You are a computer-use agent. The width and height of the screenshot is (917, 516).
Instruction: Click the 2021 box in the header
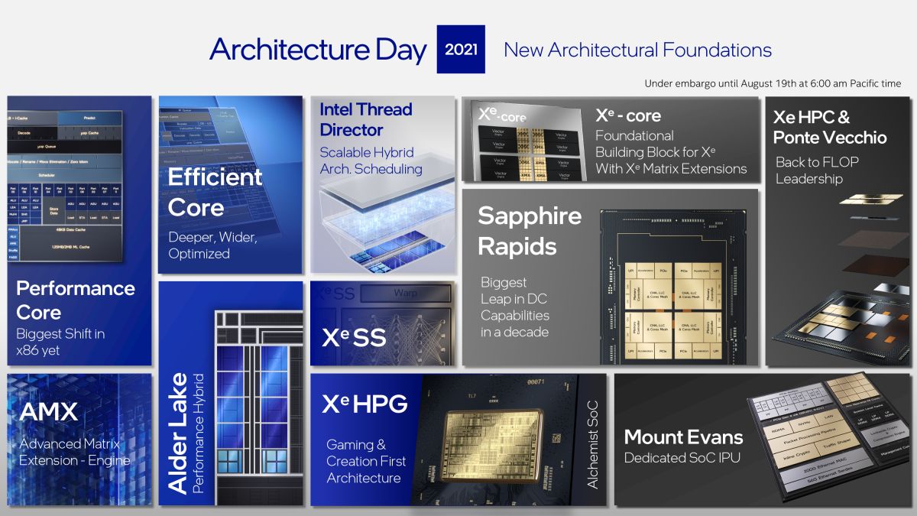tap(461, 50)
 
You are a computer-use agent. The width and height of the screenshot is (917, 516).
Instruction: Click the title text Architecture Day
tap(318, 50)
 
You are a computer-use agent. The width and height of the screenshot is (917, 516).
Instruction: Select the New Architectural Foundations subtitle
tap(637, 50)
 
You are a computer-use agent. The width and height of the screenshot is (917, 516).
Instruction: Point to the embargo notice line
tap(773, 83)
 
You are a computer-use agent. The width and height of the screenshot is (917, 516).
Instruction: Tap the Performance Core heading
tap(76, 300)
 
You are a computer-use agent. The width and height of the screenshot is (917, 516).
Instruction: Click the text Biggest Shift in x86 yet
tap(60, 342)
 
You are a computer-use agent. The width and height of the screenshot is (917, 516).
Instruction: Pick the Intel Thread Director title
tap(366, 119)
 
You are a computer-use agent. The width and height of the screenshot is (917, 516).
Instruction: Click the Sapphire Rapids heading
tap(530, 231)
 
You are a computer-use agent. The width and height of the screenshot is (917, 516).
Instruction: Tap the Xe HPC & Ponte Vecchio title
tap(830, 127)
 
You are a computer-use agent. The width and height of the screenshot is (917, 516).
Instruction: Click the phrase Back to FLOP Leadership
tap(817, 170)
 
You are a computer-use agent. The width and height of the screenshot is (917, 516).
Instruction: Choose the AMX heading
tap(48, 412)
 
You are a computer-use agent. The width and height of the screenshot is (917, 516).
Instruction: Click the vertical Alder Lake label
tap(177, 432)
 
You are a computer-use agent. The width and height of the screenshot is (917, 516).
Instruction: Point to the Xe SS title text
tap(353, 337)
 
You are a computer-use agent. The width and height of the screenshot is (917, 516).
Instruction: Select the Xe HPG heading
tap(365, 404)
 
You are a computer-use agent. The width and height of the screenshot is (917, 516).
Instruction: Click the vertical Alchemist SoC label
tap(592, 444)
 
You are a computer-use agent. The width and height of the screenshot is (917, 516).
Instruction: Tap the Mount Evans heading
tap(683, 436)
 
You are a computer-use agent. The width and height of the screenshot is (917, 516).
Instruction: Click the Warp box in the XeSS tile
tap(405, 293)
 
